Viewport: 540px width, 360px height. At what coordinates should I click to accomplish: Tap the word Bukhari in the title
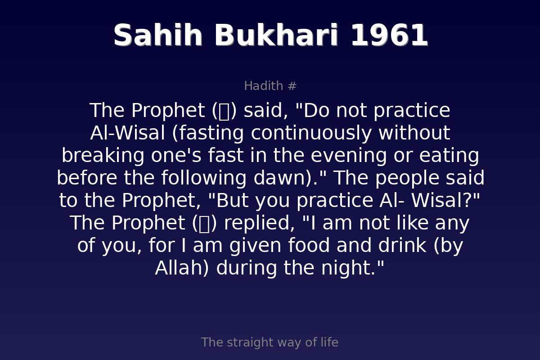pos(276,36)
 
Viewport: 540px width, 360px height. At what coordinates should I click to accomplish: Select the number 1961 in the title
pos(389,36)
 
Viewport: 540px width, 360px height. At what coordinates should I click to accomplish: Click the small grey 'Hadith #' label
pos(270,86)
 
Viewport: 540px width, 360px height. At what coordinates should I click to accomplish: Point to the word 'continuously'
pos(311,133)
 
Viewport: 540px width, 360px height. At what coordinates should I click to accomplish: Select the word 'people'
pos(407,178)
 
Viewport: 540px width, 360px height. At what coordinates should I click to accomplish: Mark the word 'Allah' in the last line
pos(179,268)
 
